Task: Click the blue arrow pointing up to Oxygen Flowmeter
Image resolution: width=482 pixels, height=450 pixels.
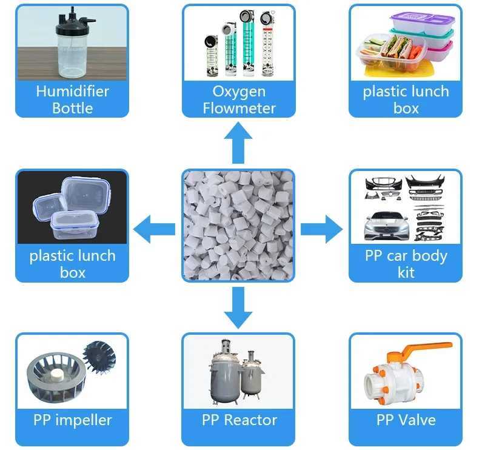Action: (239, 141)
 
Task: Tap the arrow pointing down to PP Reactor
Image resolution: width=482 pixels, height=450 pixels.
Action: (238, 308)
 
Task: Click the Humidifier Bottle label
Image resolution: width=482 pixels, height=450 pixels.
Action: (72, 100)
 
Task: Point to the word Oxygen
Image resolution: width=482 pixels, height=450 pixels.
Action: (239, 92)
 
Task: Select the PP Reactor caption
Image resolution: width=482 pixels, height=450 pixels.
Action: (239, 420)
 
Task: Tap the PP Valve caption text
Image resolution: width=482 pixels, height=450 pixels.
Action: (406, 420)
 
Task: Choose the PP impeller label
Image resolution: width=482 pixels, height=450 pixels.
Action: (72, 420)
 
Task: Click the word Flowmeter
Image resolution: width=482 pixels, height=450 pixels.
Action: (239, 109)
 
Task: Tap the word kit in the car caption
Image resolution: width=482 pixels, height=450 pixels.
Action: (406, 272)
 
